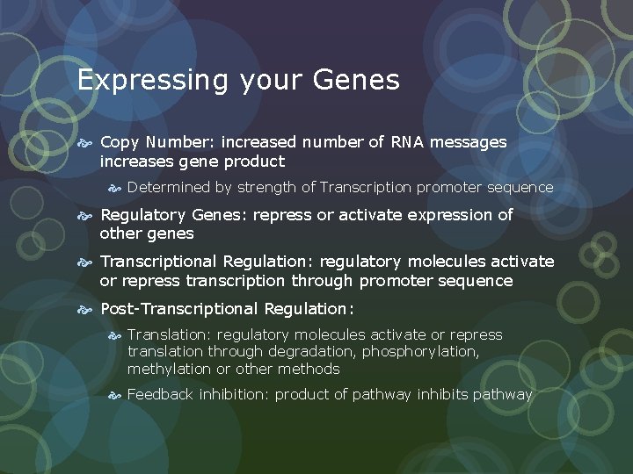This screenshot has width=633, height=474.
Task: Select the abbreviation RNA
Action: pyautogui.click(x=404, y=142)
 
